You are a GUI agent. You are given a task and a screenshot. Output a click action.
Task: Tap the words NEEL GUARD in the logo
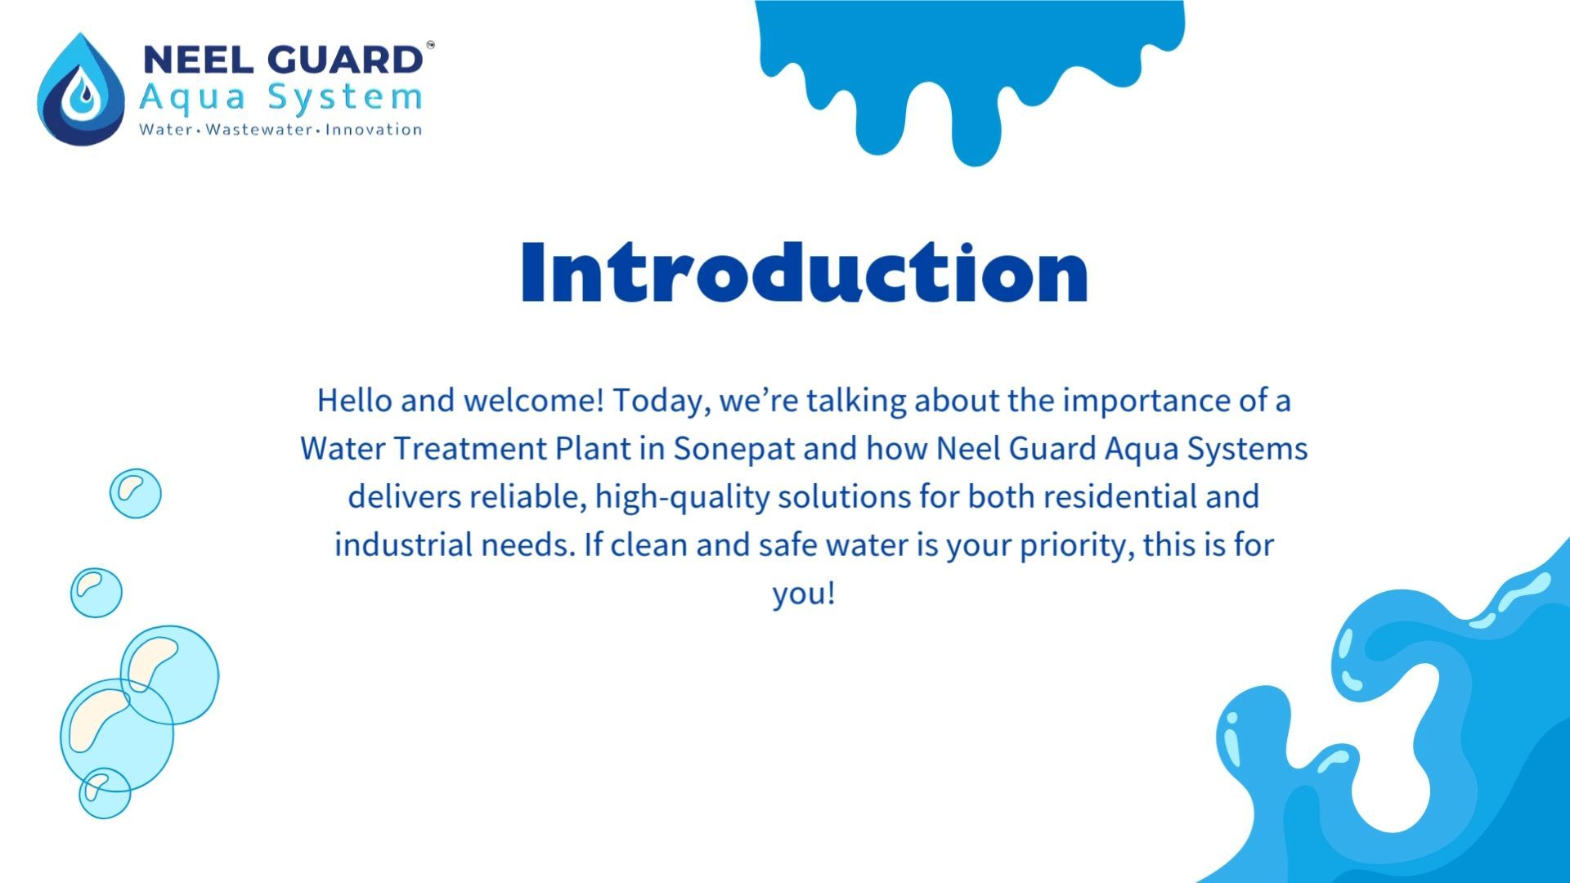tap(283, 61)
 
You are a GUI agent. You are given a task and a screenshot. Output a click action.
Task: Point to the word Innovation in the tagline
tap(374, 129)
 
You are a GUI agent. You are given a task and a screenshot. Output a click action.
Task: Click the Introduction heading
tap(805, 271)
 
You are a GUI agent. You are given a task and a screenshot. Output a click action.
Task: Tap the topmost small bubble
tap(136, 493)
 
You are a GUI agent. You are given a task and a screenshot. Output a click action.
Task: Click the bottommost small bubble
tap(105, 793)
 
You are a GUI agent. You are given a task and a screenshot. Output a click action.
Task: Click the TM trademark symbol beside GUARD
tap(430, 45)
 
